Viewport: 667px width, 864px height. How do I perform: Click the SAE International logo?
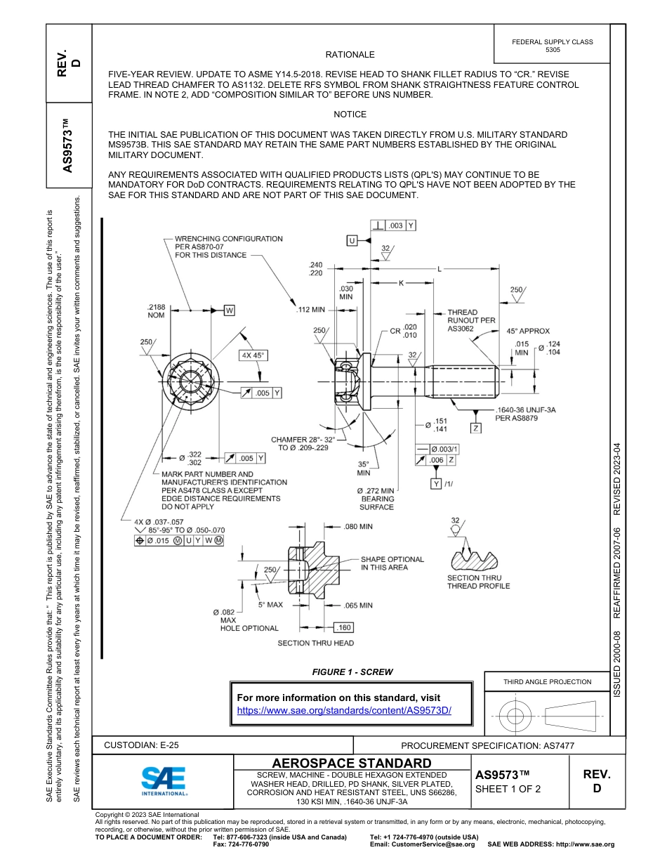pos(164,780)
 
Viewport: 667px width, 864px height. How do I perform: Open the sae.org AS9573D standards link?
pos(344,710)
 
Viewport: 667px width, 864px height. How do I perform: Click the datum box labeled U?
pos(352,240)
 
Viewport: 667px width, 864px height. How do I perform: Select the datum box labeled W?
pos(229,310)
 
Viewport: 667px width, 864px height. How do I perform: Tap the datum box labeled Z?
pos(476,428)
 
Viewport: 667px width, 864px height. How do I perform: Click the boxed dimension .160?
pos(344,627)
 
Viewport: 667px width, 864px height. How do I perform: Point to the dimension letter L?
pos(440,269)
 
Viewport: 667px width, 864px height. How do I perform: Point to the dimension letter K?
pos(401,283)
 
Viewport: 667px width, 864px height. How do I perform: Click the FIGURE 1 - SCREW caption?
pos(352,672)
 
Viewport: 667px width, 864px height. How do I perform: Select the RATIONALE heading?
pos(350,55)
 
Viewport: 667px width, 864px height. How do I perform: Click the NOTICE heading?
pos(350,114)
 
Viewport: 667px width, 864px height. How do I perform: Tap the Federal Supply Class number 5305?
pos(553,50)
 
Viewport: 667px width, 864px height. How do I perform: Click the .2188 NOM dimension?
pos(156,311)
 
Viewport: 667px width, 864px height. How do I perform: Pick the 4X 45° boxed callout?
pos(253,355)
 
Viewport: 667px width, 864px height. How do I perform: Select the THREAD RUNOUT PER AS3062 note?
pos(472,320)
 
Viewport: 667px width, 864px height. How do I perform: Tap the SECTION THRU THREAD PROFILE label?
pos(478,582)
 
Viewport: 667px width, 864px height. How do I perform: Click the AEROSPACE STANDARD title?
pos(352,763)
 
